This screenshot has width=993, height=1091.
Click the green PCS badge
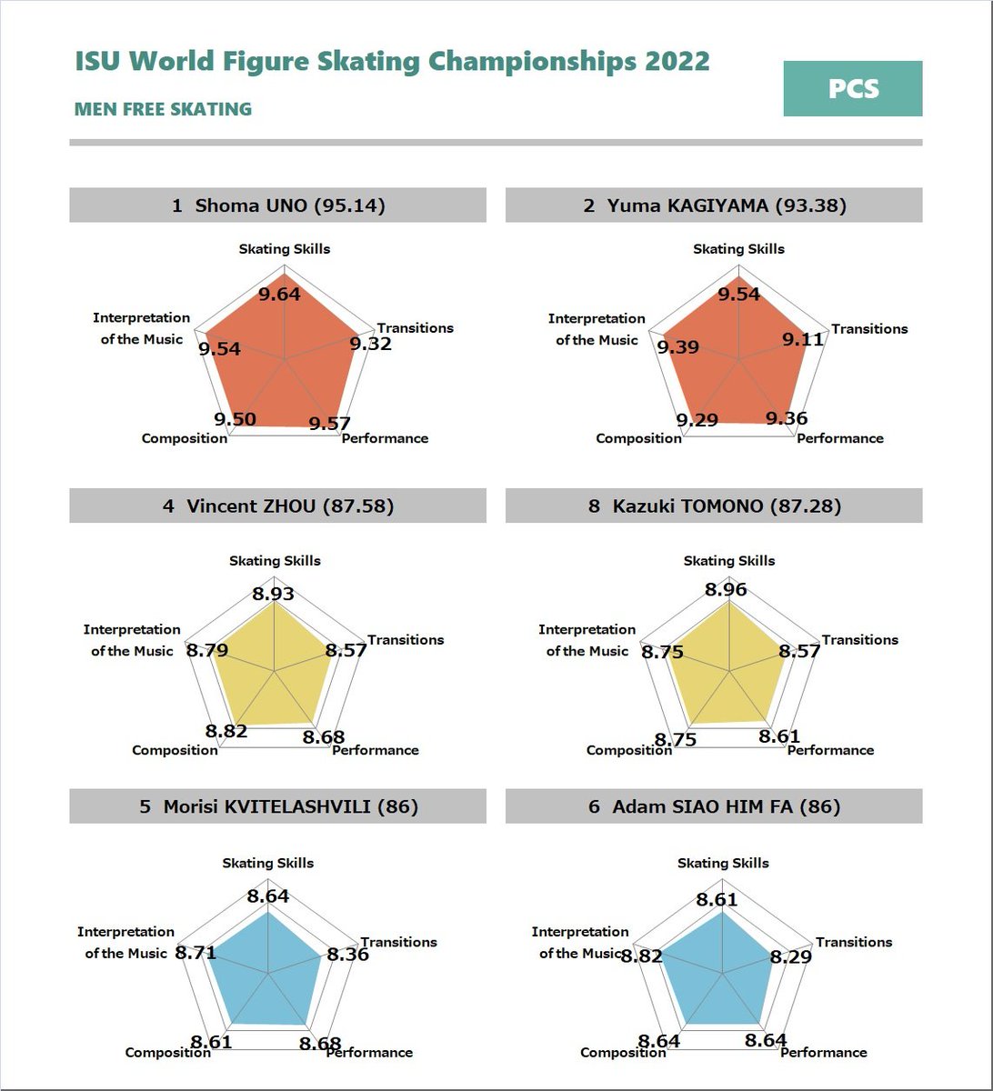pos(852,89)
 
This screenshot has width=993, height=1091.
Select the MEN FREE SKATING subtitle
pos(163,109)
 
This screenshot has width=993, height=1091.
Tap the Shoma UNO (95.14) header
pos(277,205)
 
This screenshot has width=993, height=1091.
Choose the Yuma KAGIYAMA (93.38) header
pos(714,205)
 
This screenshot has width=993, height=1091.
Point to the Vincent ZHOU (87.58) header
pos(277,505)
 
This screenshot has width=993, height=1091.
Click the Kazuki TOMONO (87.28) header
pos(714,505)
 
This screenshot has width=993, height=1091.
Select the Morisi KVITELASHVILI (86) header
pos(277,806)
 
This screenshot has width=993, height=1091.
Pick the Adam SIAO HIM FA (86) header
pos(714,806)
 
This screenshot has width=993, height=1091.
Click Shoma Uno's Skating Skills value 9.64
pos(279,295)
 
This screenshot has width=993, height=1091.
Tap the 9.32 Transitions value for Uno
pos(370,344)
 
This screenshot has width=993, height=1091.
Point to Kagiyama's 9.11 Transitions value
pos(803,340)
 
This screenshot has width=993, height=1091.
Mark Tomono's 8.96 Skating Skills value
pos(726,590)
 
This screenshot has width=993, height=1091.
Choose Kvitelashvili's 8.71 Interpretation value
pos(196,953)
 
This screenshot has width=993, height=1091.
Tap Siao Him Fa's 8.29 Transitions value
pos(791,956)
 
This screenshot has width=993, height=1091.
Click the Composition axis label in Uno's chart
pos(185,438)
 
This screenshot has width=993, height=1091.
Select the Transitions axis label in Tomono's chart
pos(860,640)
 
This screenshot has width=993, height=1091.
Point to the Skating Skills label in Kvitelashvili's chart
pos(268,863)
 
